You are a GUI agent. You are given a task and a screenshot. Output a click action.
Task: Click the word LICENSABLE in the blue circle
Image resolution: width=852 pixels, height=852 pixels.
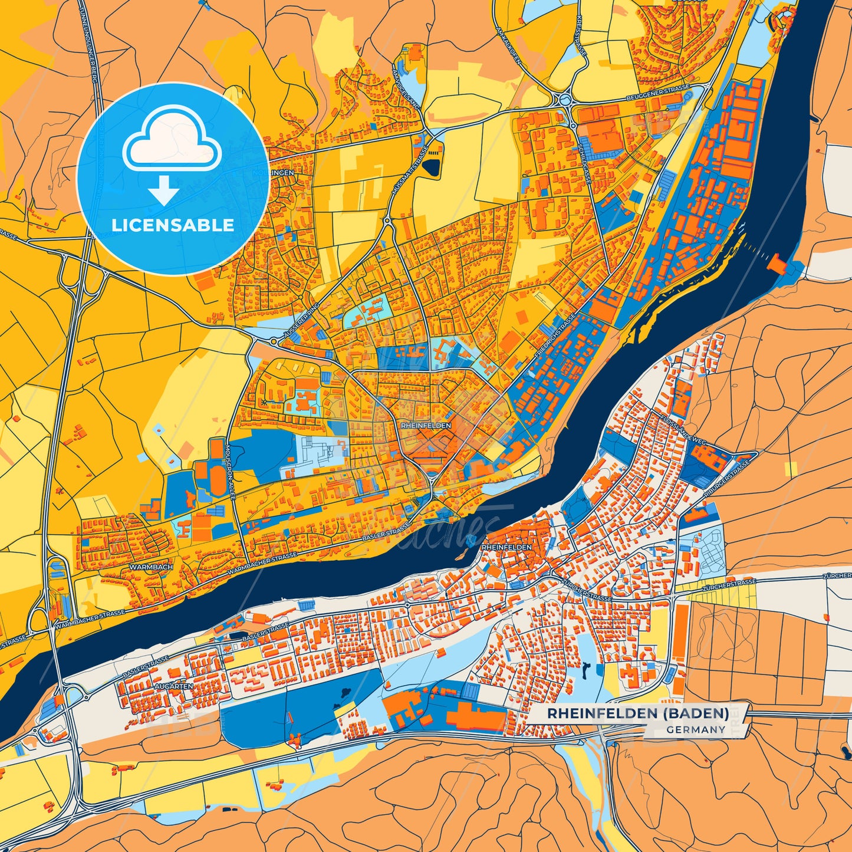tap(173, 225)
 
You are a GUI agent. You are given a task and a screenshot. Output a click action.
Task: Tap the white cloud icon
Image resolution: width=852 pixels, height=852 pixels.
tap(172, 142)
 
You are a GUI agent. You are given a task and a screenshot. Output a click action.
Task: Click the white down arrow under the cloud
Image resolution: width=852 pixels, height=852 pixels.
tap(164, 190)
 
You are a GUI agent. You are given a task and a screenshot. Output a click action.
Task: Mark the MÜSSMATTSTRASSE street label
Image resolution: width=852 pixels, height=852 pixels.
tap(404, 171)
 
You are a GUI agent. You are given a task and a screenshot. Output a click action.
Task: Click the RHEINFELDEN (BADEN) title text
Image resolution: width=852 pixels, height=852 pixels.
tap(637, 713)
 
